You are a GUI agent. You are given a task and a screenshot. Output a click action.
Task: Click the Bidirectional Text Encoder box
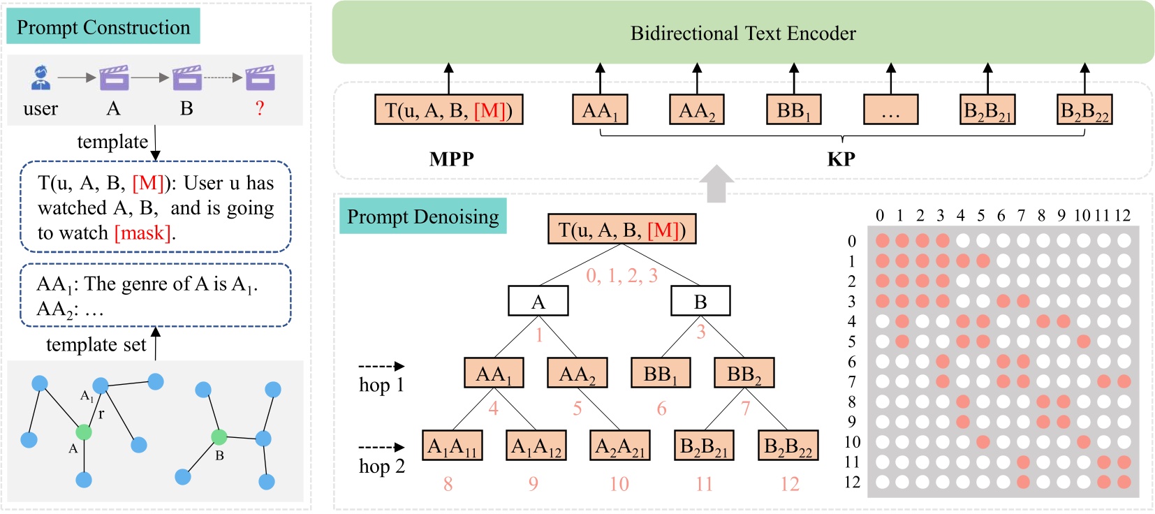[x=742, y=33]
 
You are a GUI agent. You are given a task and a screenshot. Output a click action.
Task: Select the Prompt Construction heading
[x=103, y=27]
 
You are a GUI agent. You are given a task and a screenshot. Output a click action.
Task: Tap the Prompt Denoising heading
[x=422, y=216]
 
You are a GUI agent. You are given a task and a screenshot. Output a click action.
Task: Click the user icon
[x=41, y=78]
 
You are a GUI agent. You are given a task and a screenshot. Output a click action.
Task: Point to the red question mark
[x=260, y=108]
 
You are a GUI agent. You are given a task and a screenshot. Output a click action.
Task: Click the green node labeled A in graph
[x=84, y=432]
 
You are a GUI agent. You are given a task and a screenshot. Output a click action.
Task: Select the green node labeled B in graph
[x=219, y=437]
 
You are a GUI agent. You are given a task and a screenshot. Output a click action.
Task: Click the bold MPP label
[x=451, y=159]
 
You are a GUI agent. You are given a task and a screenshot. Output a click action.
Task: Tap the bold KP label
[x=841, y=159]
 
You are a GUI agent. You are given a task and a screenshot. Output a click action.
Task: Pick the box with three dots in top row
[x=890, y=110]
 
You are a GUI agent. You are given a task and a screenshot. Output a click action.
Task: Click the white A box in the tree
[x=538, y=302]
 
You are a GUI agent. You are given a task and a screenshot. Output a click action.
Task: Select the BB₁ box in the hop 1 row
[x=661, y=374]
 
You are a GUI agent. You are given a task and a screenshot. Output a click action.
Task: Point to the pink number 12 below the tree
[x=789, y=484]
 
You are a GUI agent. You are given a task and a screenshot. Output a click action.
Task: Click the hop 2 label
[x=381, y=467]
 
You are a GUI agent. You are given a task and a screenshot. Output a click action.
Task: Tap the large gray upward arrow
[x=716, y=183]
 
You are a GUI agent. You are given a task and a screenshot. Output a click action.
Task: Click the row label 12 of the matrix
[x=852, y=483]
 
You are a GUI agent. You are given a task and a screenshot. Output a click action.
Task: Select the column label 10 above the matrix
[x=1082, y=215]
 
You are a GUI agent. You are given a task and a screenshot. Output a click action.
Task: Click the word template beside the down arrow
[x=112, y=142]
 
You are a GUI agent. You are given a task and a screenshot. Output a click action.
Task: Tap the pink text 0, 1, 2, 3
[x=621, y=276]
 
